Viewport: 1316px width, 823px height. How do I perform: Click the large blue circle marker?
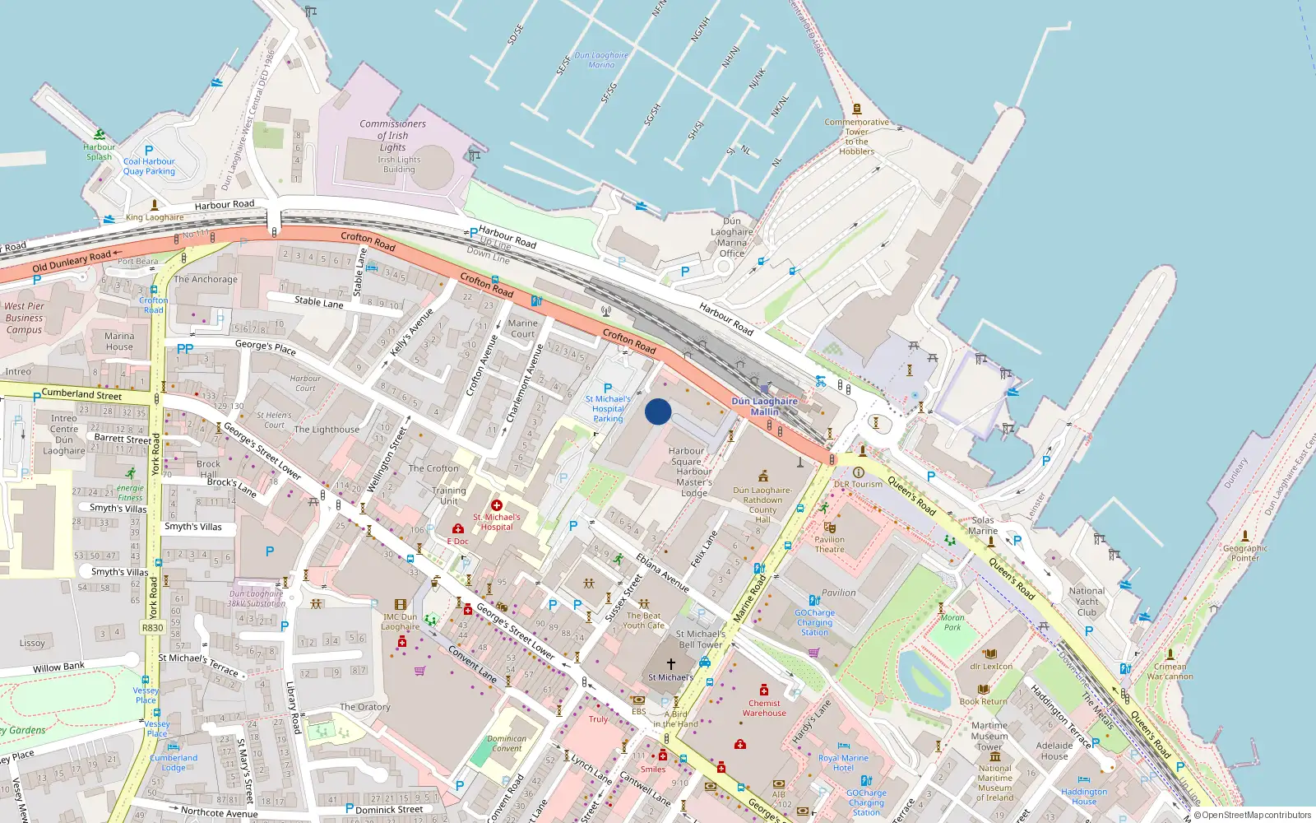point(658,411)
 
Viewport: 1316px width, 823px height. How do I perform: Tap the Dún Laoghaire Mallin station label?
point(764,407)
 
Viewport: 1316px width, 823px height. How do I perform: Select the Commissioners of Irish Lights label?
point(392,136)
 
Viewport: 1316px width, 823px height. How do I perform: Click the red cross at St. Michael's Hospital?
point(496,505)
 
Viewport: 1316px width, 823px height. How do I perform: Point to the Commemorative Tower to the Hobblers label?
point(856,137)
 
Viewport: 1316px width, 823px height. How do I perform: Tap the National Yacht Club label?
point(1087,602)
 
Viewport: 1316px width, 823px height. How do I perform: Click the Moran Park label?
point(952,622)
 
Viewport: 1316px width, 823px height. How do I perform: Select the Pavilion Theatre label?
point(829,544)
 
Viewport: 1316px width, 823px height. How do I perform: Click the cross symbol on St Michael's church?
point(671,664)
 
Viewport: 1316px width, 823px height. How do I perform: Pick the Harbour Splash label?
point(99,152)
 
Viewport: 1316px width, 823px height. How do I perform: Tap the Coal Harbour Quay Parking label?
point(149,166)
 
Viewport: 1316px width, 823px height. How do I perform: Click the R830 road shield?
point(153,627)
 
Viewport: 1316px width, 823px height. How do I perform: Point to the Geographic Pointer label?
point(1244,553)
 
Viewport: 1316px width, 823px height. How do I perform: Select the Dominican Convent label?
point(507,743)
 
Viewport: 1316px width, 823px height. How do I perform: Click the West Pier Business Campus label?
point(24,318)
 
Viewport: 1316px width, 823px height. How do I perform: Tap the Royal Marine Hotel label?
point(843,763)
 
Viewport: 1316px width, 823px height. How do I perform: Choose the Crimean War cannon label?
point(1170,672)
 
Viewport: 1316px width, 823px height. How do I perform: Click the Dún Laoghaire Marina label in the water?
point(600,60)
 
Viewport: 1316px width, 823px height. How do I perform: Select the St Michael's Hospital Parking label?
point(608,409)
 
